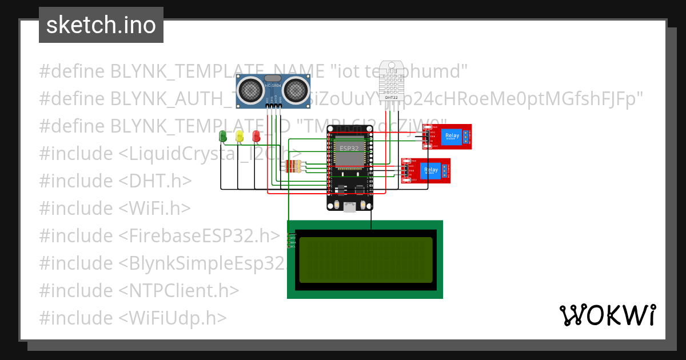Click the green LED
pos(223,136)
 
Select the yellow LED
pos(240,136)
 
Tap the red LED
pos(256,136)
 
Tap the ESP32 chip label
pos(350,148)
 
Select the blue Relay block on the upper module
pos(452,136)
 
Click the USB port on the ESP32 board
pos(350,207)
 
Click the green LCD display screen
pos(365,260)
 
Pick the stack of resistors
pos(292,166)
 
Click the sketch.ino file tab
pos(101,25)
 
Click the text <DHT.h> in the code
pos(155,181)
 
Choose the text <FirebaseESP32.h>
pos(200,236)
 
